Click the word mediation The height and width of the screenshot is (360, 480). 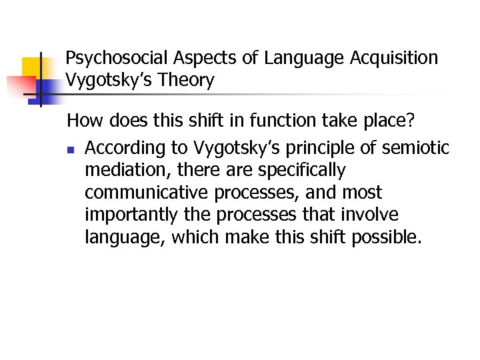123,170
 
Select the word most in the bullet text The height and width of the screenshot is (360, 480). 361,193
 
